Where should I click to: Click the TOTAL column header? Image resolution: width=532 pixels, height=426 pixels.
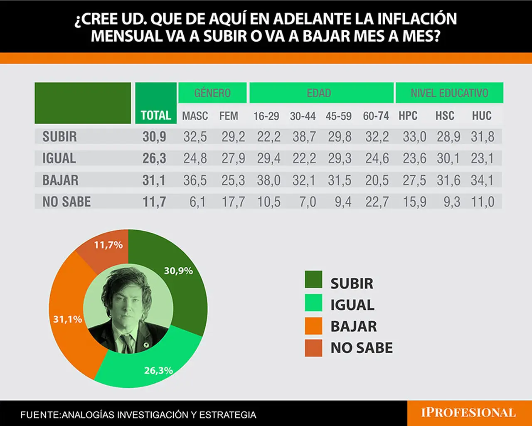(156, 116)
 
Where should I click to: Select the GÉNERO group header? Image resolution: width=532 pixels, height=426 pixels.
(212, 93)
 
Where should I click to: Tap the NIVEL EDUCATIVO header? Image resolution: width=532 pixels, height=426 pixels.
(449, 93)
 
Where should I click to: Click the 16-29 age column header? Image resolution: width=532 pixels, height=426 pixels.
(266, 116)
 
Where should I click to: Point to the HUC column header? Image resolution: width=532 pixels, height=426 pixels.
(482, 116)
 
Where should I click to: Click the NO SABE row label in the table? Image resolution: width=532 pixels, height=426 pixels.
(66, 202)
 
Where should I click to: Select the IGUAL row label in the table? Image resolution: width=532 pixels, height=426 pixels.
(59, 158)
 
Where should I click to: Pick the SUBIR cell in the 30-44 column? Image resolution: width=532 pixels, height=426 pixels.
(304, 137)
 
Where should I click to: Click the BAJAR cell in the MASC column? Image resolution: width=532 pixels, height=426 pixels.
(195, 180)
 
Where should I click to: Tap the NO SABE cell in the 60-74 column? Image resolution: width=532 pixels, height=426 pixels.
(377, 202)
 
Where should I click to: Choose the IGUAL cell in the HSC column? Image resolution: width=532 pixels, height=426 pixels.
(448, 158)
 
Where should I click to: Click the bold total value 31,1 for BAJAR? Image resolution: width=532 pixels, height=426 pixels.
(154, 180)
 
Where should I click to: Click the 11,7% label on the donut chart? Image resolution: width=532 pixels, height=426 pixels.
(108, 245)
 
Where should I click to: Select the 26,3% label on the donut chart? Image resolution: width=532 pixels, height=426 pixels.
(158, 370)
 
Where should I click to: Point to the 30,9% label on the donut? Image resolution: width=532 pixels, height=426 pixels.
(178, 271)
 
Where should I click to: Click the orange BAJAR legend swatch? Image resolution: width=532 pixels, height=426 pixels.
(313, 326)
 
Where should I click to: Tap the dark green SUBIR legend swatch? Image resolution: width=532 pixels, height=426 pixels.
(313, 279)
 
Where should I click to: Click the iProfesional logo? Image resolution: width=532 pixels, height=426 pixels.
(468, 413)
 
